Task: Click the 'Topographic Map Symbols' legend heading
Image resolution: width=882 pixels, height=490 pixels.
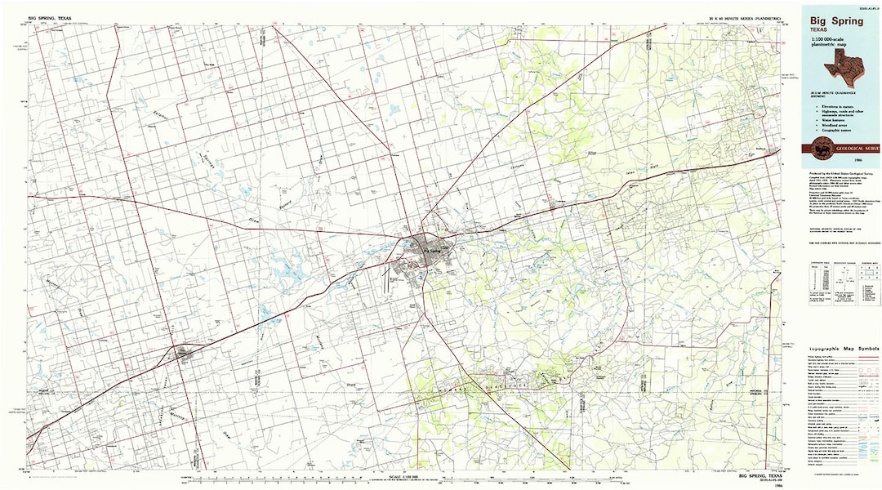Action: coord(840,348)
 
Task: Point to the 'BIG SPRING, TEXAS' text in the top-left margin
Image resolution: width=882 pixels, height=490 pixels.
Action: coord(51,16)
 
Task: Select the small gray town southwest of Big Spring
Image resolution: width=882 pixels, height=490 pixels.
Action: coord(185,353)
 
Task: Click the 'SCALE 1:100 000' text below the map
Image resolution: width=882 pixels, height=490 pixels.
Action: coord(409,476)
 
